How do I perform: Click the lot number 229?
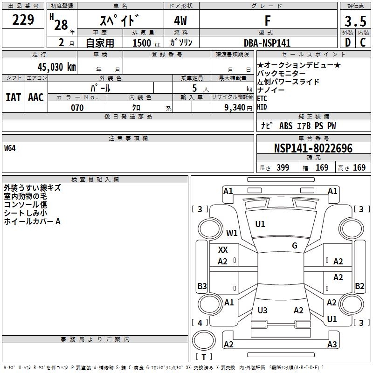click(x=23, y=20)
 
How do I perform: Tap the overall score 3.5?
click(x=355, y=21)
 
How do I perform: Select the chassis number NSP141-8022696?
click(x=313, y=149)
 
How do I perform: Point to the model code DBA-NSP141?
click(x=267, y=43)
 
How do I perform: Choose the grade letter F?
click(x=267, y=21)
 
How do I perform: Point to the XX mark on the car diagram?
click(x=223, y=250)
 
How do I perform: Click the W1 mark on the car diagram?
click(x=232, y=233)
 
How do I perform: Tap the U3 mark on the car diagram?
click(x=262, y=311)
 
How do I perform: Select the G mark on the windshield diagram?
click(x=295, y=246)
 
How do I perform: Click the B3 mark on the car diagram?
click(x=202, y=286)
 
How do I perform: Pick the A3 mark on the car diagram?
click(x=332, y=345)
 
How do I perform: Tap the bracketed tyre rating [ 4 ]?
click(x=200, y=322)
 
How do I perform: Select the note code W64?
click(x=10, y=149)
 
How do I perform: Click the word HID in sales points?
click(x=262, y=107)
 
